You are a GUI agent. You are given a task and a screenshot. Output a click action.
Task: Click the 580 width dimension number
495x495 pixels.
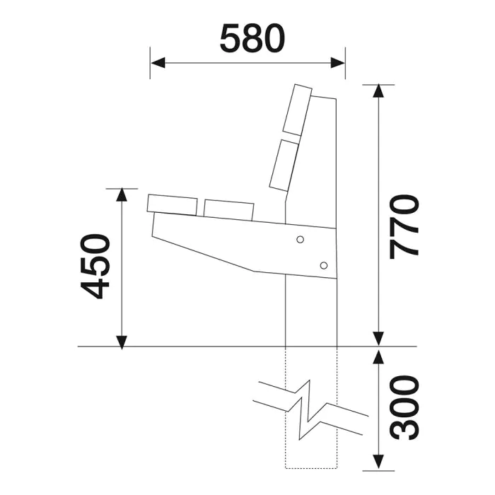[x=252, y=39]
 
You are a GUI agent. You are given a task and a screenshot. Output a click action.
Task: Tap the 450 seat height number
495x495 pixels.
[x=95, y=266]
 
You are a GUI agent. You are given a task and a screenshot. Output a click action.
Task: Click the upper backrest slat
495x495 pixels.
[x=297, y=110]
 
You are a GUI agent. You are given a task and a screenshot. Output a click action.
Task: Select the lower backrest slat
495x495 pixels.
[x=284, y=165]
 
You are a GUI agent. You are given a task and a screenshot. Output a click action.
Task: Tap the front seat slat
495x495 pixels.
[x=172, y=204]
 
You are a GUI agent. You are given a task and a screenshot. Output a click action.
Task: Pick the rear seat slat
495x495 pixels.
[x=228, y=209]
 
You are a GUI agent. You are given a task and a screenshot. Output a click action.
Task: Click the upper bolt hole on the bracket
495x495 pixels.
[x=301, y=240]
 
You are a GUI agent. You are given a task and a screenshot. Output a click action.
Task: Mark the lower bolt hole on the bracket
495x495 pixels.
[x=323, y=265]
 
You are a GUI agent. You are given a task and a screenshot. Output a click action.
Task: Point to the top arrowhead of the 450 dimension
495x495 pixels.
[x=122, y=196]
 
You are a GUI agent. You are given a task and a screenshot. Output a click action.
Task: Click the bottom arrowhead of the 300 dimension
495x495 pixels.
[x=379, y=462]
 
